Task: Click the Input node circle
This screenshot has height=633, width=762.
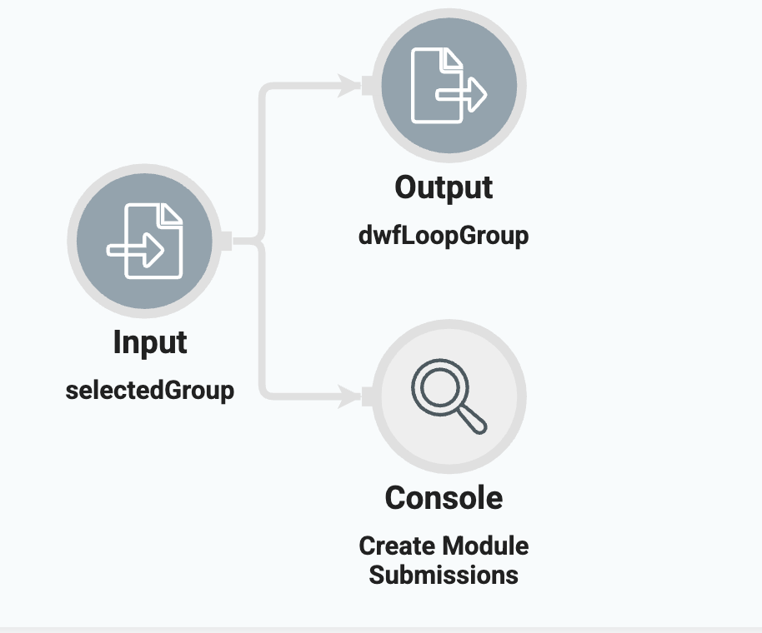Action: (143, 242)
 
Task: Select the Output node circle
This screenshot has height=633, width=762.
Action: (449, 84)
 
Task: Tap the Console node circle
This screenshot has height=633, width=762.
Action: (449, 396)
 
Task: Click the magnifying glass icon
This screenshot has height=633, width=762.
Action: (446, 396)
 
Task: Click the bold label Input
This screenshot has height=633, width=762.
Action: (150, 342)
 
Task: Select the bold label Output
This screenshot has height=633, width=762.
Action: (444, 187)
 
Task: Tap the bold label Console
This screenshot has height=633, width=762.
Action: (444, 498)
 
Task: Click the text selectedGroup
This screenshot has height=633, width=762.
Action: (150, 390)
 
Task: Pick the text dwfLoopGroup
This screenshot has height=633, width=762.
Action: (444, 236)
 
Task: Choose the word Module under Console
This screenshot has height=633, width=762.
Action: (486, 546)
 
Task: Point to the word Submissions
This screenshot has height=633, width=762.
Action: (444, 575)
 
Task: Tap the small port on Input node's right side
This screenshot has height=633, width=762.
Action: (223, 242)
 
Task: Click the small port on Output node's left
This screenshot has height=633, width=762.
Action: (368, 83)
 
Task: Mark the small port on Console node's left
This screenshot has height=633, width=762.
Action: (368, 396)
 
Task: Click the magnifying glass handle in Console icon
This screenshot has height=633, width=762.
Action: (473, 421)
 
